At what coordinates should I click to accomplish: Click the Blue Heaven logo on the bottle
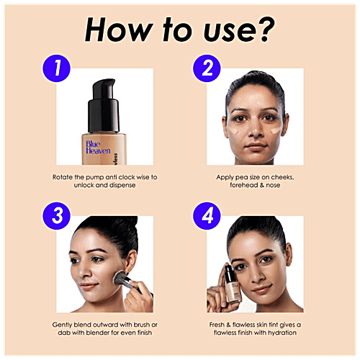pyautogui.click(x=97, y=148)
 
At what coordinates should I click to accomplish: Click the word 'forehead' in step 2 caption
pyautogui.click(x=233, y=185)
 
